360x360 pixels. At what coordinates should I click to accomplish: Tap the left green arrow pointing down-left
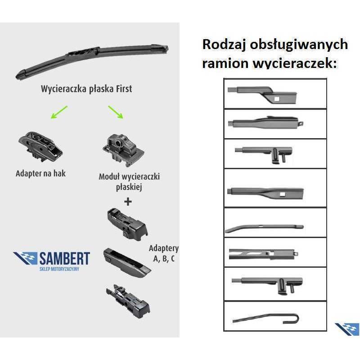point(59,112)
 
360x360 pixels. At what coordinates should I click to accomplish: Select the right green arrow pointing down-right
point(116,112)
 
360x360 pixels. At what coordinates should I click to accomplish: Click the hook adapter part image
point(40,146)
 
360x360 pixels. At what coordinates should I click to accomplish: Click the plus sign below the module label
point(128,202)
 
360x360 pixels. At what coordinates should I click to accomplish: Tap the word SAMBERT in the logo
point(65,258)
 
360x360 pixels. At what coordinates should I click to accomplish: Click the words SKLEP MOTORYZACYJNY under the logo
point(59,269)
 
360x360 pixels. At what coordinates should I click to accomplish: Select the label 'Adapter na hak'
point(40,173)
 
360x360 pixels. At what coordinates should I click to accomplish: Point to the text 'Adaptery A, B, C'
point(164,253)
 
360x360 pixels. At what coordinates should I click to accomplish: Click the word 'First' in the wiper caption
point(124,89)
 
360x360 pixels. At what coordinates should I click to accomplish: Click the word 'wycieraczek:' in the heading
point(295,63)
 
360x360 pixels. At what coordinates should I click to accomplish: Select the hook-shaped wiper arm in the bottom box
point(266,318)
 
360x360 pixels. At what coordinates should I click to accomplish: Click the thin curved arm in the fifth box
point(264,228)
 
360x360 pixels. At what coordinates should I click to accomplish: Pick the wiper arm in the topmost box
point(262,95)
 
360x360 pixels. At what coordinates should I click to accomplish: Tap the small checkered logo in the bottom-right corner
point(347,329)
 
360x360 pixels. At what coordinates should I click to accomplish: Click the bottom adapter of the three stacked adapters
point(128,301)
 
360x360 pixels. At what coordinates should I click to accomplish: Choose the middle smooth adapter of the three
point(127,263)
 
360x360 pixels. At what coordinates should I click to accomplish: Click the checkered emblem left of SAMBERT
point(25,258)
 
